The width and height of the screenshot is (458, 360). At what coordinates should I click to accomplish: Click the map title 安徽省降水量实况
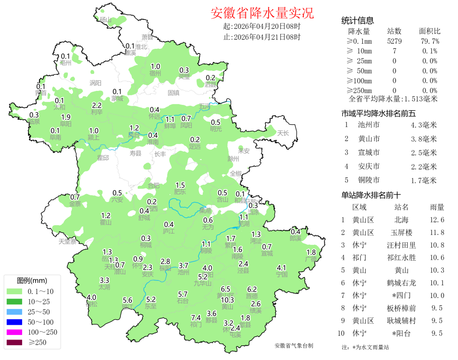pos(262,13)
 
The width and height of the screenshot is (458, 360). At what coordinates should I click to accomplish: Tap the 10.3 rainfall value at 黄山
pos(227,300)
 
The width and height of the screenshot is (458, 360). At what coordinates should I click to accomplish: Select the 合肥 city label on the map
pos(154,186)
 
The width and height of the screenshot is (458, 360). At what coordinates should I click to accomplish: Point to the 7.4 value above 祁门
pos(196,318)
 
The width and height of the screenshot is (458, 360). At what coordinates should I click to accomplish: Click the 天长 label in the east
pos(283,133)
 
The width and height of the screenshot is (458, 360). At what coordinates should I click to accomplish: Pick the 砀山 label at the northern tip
pos(105,20)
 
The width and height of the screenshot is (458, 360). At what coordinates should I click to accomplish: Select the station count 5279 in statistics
pos(394,41)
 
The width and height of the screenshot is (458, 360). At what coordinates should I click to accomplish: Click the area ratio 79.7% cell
pos(430,41)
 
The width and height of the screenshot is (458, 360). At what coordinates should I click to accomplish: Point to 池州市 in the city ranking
pos(369,125)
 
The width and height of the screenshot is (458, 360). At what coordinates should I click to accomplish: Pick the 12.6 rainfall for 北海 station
pos(437,220)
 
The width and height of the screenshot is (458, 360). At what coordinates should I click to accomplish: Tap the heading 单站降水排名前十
pos(371,195)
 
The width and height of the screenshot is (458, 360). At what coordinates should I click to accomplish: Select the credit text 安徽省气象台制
pos(294,346)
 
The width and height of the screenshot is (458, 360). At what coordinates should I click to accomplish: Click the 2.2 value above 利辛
pos(97,105)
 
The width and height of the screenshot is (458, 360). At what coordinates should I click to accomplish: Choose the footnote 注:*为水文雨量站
pos(365,347)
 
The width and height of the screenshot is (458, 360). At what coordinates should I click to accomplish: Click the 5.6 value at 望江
pos(128,300)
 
